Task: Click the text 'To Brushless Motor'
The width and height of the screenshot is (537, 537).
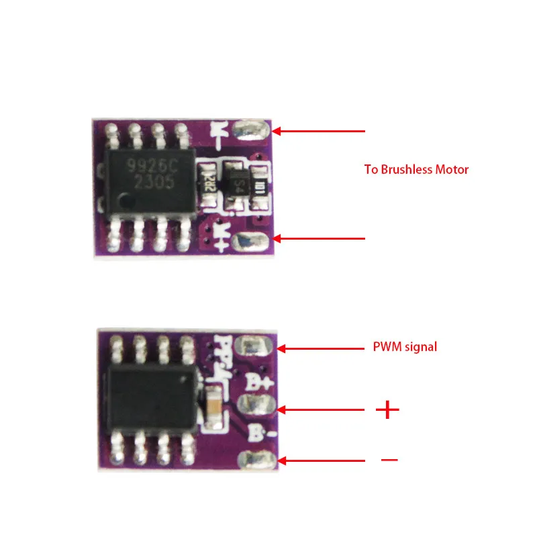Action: (416, 169)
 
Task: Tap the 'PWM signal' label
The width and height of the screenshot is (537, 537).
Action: (405, 347)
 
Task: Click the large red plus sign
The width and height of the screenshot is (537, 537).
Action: (387, 409)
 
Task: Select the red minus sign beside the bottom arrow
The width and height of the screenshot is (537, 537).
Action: (389, 460)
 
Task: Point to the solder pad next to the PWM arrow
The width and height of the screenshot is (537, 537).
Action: (256, 347)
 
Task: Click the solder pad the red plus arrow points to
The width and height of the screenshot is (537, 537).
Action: (255, 406)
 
